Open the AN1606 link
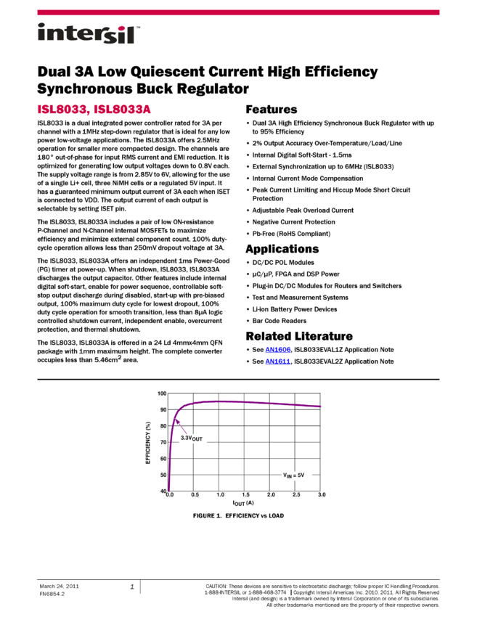(x=278, y=349)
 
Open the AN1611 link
(x=278, y=361)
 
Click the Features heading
(x=271, y=110)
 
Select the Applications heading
(x=282, y=249)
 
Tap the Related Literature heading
(x=299, y=336)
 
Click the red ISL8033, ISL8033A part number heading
(x=94, y=109)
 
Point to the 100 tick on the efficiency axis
(x=162, y=393)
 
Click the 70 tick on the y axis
(x=163, y=442)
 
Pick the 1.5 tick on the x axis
(x=245, y=494)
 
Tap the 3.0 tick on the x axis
(x=322, y=494)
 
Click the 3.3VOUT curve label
(x=191, y=438)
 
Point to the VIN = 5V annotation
(x=293, y=475)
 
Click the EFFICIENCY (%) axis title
(x=148, y=443)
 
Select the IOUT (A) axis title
(x=243, y=503)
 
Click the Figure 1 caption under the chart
(x=238, y=515)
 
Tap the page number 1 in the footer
(x=132, y=587)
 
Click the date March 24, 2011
(x=59, y=586)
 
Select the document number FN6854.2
(x=52, y=594)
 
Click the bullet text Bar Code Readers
(x=279, y=321)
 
